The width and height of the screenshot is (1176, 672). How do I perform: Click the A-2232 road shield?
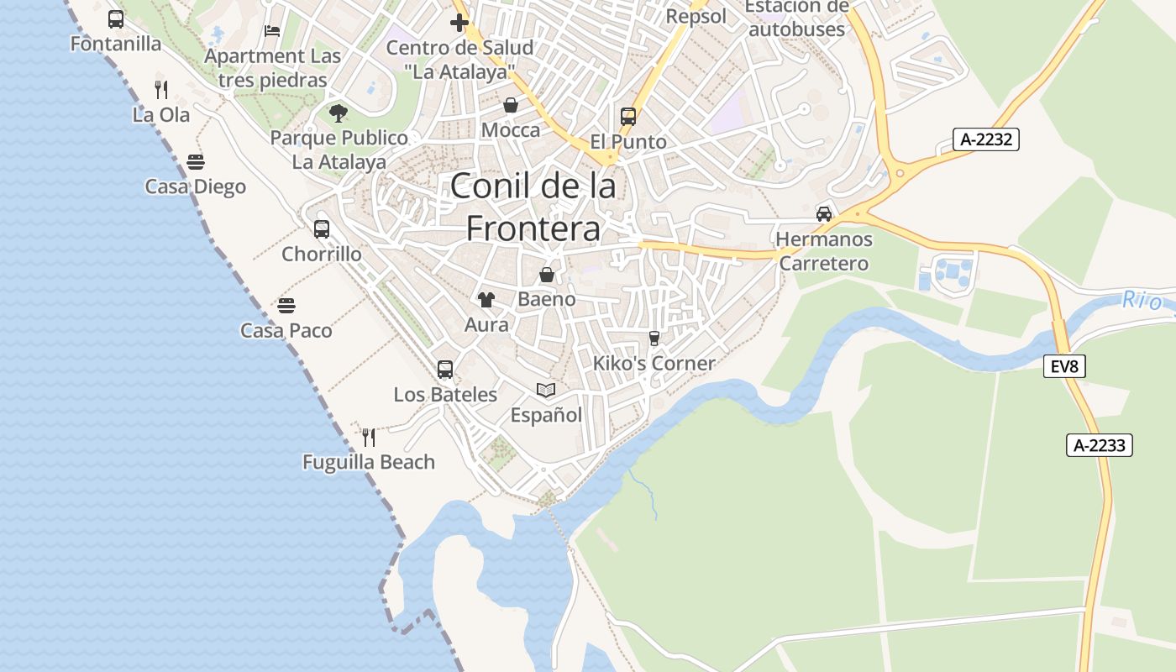(985, 139)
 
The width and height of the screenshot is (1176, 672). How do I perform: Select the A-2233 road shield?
(1100, 445)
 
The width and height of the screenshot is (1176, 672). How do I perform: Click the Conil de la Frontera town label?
(533, 207)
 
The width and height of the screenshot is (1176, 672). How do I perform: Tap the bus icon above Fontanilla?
(116, 18)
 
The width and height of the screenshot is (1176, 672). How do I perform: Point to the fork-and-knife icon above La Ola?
(161, 89)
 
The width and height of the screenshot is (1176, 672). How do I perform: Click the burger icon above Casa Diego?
(196, 161)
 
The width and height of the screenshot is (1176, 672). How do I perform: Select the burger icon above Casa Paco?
(286, 305)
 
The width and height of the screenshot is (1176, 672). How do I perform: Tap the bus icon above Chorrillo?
(322, 228)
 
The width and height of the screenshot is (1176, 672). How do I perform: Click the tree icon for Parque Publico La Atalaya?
(339, 113)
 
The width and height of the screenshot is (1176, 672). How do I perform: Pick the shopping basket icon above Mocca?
(511, 105)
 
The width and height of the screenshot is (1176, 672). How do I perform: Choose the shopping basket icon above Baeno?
(547, 274)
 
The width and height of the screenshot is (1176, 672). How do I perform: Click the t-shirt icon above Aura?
(486, 299)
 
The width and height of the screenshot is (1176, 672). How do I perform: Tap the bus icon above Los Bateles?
(445, 369)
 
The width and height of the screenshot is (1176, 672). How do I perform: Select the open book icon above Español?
(546, 390)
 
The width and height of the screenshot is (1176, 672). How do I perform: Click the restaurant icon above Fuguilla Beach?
(369, 437)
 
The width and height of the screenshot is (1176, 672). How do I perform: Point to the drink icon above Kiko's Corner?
(654, 338)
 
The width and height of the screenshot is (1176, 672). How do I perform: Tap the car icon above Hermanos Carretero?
(824, 213)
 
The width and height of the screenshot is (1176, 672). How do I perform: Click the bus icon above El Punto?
(628, 116)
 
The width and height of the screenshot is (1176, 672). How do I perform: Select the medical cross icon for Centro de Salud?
(459, 22)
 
